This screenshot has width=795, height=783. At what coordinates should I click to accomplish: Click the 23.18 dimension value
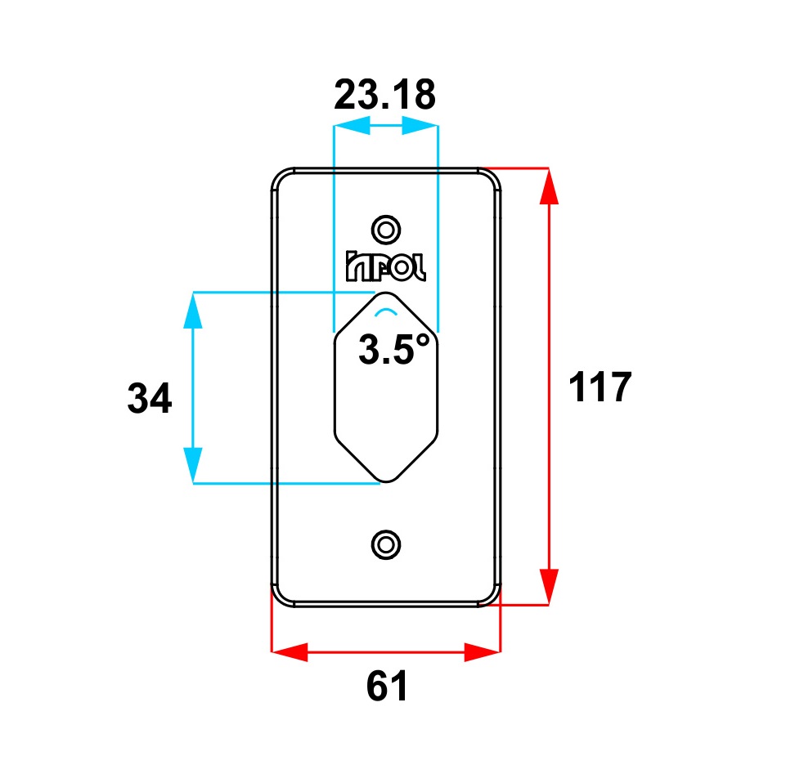pos(385,96)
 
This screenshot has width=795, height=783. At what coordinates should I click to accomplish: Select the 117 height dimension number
pos(600,387)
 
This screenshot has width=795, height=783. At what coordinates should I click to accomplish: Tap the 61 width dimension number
pos(386,687)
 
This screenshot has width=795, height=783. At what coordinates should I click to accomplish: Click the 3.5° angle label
pos(393,351)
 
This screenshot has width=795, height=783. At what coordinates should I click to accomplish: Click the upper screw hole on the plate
pos(385,227)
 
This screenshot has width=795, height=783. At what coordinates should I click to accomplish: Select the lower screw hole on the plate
pos(385,544)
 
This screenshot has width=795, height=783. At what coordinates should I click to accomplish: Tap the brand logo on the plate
pos(385,266)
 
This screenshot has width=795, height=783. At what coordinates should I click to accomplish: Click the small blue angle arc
pos(385,312)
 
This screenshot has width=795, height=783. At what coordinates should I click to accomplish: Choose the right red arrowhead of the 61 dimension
pos(483,652)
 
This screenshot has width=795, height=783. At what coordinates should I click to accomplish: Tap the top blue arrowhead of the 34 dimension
pos(193,310)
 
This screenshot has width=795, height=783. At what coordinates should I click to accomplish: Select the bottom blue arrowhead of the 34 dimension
pos(193,465)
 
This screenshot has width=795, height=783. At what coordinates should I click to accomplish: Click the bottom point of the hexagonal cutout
pos(386,481)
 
